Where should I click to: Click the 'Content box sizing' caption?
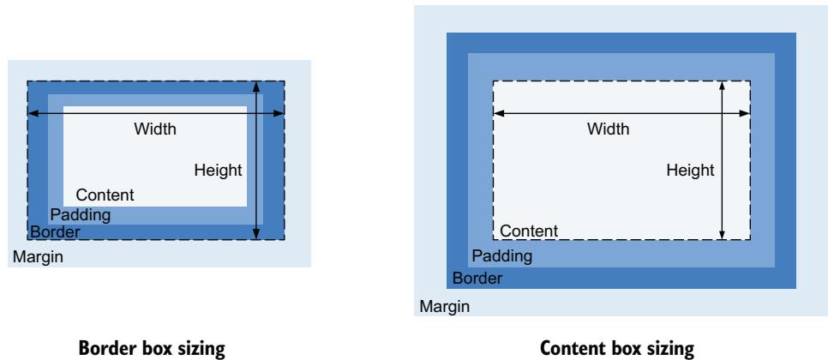pos(611,349)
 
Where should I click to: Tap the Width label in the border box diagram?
pos(155,129)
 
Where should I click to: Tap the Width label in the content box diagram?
pos(608,129)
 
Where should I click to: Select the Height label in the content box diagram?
pos(691,170)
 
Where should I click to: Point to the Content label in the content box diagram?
pos(529,231)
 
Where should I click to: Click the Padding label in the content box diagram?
pos(502,255)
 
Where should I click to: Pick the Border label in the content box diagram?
pos(477,279)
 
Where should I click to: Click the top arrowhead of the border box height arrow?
pos(256,86)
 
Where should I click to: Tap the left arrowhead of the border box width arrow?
pos(32,112)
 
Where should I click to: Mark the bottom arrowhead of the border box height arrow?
pos(256,234)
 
